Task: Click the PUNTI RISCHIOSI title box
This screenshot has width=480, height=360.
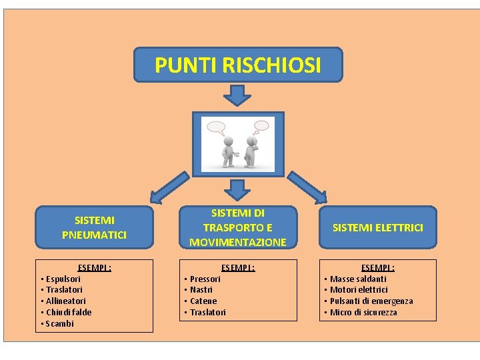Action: pyautogui.click(x=238, y=65)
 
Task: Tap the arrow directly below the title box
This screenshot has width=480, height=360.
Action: pyautogui.click(x=237, y=95)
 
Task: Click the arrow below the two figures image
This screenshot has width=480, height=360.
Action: pyautogui.click(x=237, y=190)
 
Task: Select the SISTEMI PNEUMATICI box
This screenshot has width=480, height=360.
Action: pyautogui.click(x=94, y=227)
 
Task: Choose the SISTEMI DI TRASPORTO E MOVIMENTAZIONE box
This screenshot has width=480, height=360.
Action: pyautogui.click(x=237, y=227)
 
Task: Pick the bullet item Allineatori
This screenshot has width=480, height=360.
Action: pyautogui.click(x=65, y=301)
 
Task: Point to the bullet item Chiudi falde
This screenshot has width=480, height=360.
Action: pyautogui.click(x=69, y=312)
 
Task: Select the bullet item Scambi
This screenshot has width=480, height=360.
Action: pyautogui.click(x=60, y=323)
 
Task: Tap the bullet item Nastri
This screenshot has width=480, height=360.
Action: pyautogui.click(x=201, y=290)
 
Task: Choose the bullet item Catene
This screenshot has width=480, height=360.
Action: pyautogui.click(x=203, y=301)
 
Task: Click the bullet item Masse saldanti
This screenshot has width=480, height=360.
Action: pyautogui.click(x=358, y=279)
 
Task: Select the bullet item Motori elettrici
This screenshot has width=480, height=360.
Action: pyautogui.click(x=359, y=290)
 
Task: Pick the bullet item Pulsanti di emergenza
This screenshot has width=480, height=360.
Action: pyautogui.click(x=371, y=301)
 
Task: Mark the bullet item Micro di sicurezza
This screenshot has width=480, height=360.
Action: pyautogui.click(x=363, y=312)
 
